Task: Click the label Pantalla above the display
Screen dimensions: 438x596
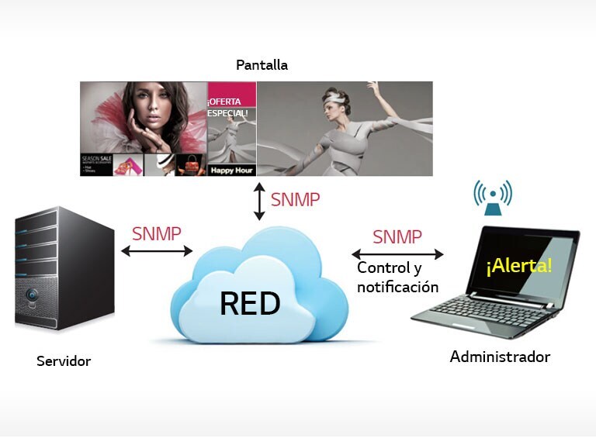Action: pos(263,65)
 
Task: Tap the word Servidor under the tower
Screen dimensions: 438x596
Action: pos(64,361)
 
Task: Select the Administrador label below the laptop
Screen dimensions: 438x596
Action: pos(500,357)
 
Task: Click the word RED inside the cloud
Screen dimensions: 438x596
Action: pos(250,304)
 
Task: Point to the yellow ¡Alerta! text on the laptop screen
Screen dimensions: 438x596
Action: pos(519,266)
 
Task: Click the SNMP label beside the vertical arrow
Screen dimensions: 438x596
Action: pos(295,199)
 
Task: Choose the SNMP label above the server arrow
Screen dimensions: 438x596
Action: pos(156,233)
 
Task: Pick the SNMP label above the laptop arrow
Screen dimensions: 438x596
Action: pos(397,236)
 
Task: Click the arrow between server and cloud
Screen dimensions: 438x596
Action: pos(156,250)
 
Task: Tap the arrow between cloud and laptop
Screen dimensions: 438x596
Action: pos(397,253)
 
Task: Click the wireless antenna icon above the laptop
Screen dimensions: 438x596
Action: pos(493,197)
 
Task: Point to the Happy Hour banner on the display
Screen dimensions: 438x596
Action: pos(231,169)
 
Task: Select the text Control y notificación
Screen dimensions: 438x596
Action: pos(397,278)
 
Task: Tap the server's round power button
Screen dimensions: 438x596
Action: pos(32,295)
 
